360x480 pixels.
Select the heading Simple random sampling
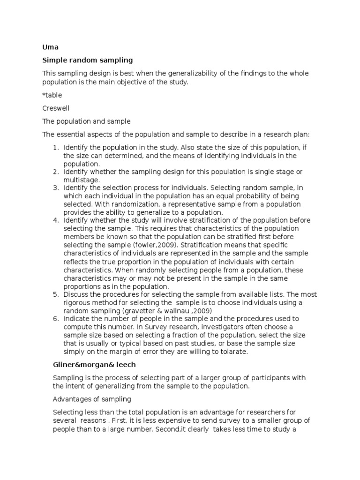click(88, 60)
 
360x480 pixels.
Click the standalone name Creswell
click(56, 108)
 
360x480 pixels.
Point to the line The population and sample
click(86, 121)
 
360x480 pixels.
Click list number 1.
click(55, 147)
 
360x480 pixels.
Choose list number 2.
click(55, 172)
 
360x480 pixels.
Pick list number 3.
click(55, 188)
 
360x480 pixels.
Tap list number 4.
click(55, 220)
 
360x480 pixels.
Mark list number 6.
click(55, 319)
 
